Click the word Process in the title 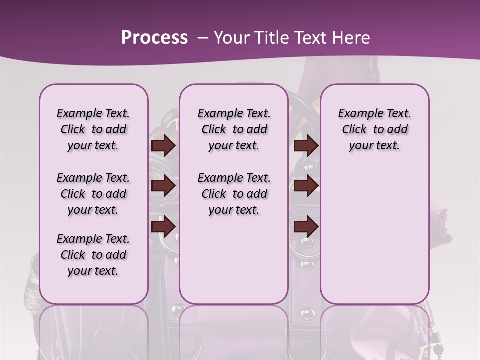tap(154, 37)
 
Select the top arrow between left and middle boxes tap(163, 145)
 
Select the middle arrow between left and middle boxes tap(163, 186)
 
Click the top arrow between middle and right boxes tap(306, 145)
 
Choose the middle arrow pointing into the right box tap(306, 186)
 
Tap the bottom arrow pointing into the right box tap(306, 227)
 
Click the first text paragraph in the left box tap(93, 129)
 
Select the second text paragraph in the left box tap(93, 194)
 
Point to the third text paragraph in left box tap(93, 255)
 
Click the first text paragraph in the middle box tap(234, 129)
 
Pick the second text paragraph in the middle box tap(234, 194)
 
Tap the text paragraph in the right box tap(374, 129)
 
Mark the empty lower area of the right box tap(374, 235)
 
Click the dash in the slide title tap(203, 38)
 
